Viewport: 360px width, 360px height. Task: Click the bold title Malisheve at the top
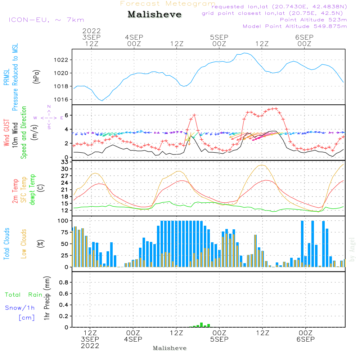click(x=154, y=14)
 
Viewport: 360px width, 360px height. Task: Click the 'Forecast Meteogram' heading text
click(x=168, y=4)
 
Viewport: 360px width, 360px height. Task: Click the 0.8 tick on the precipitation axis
click(x=64, y=283)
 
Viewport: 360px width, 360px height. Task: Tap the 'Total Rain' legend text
click(x=23, y=294)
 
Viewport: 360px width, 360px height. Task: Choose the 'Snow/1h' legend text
click(x=20, y=308)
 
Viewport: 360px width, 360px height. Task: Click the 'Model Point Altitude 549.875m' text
click(x=295, y=26)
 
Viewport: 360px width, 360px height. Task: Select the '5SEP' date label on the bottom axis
click(x=219, y=339)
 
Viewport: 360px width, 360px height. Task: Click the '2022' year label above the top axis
click(x=91, y=31)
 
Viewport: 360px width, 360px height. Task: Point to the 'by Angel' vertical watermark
click(x=352, y=250)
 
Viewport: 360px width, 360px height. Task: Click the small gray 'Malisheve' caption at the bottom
click(x=170, y=348)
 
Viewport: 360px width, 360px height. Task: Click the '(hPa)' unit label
click(x=36, y=76)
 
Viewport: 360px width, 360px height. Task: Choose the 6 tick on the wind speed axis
click(x=67, y=115)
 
